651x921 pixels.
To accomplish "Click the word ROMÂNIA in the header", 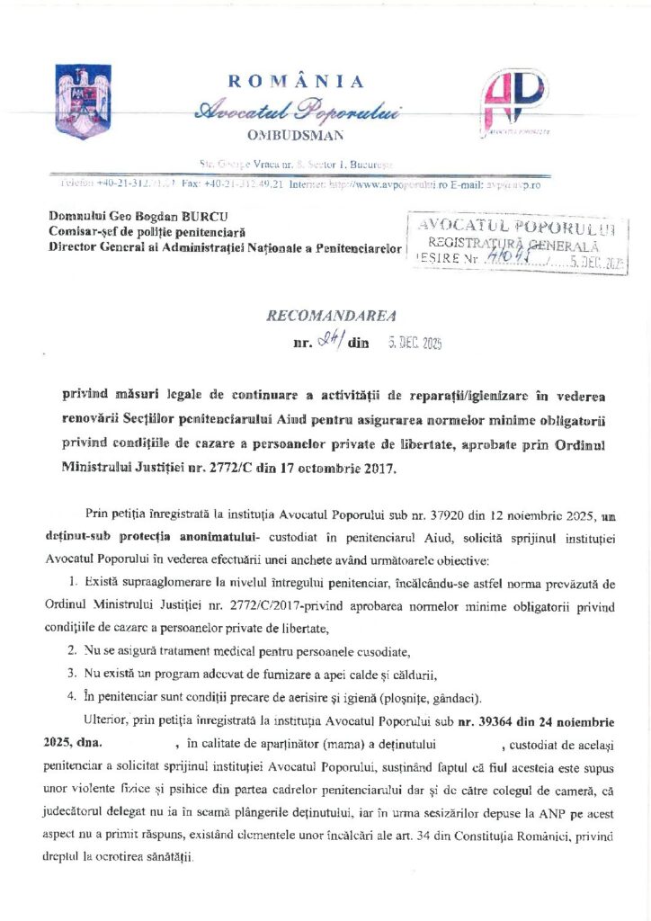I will coord(297,82).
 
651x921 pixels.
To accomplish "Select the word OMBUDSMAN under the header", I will coord(295,135).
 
